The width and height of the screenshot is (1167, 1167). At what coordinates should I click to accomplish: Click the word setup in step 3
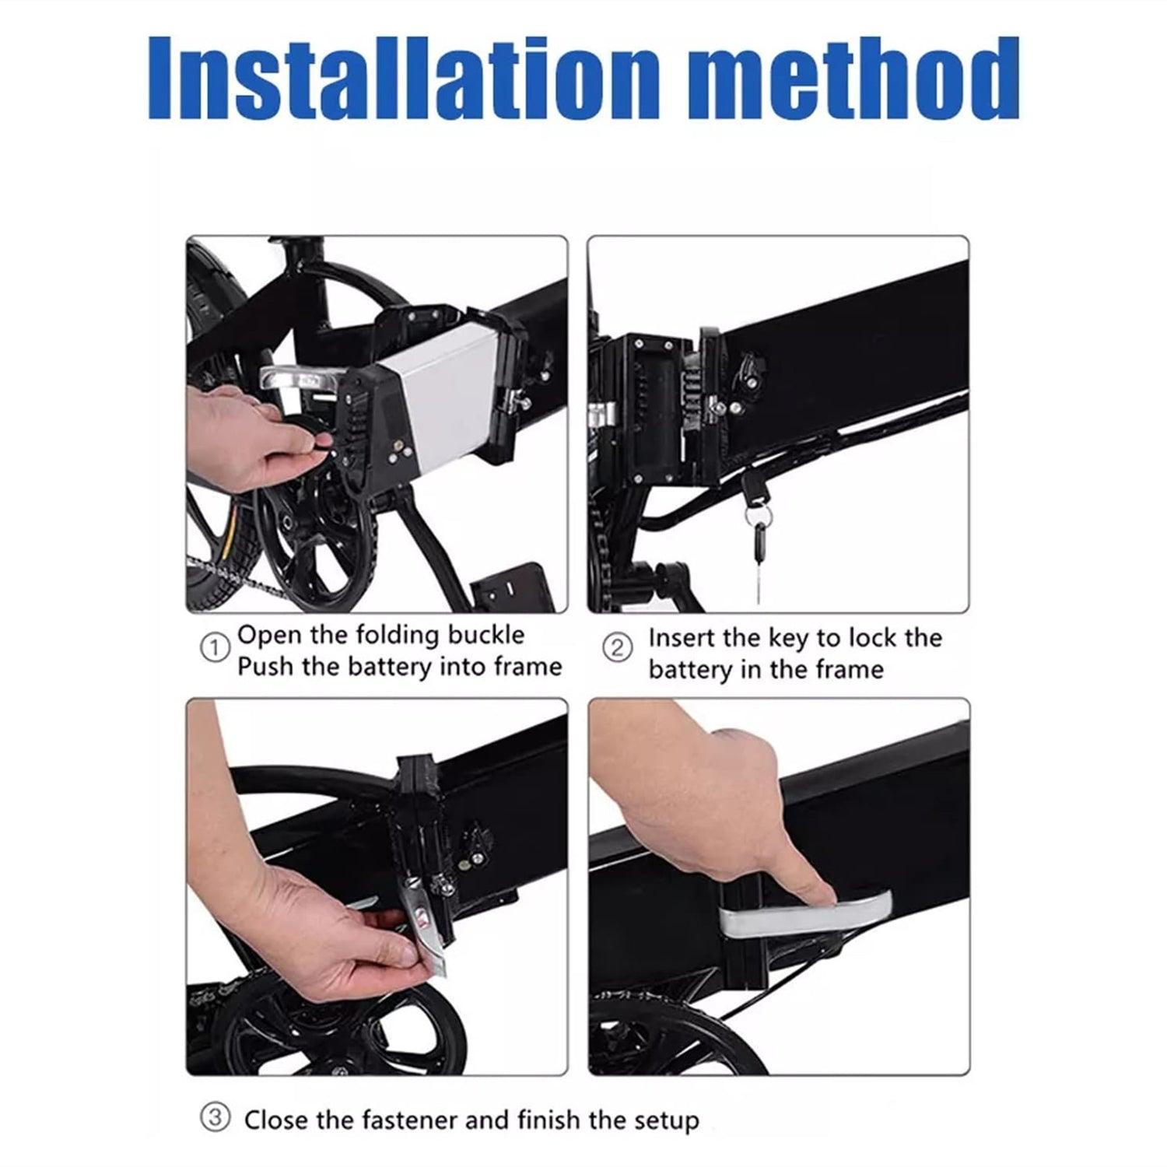click(663, 1122)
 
